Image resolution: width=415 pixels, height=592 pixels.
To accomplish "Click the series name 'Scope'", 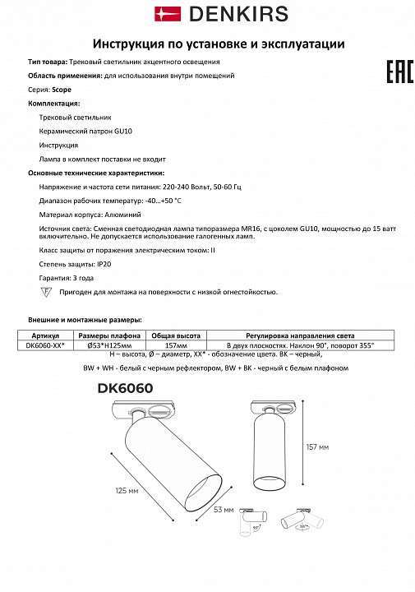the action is pyautogui.click(x=62, y=89).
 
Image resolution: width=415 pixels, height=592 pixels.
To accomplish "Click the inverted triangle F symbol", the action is pyautogui.click(x=46, y=293).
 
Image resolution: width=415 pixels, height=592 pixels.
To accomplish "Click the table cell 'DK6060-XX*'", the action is pyautogui.click(x=46, y=345).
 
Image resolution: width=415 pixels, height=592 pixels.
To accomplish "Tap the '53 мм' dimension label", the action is pyautogui.click(x=223, y=511).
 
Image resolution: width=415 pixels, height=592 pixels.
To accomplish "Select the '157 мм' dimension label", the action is pyautogui.click(x=318, y=446).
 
